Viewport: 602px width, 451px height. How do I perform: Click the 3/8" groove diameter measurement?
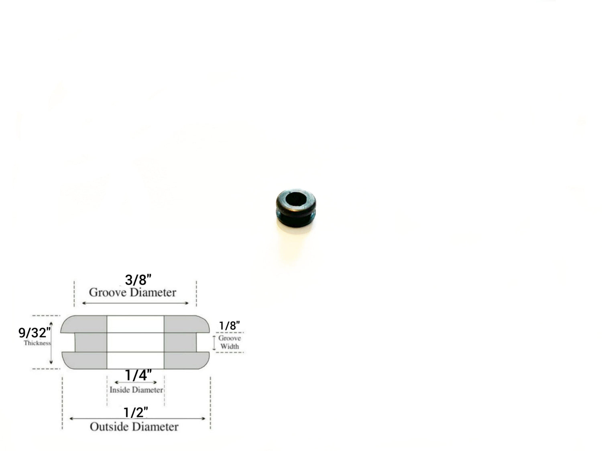point(138,280)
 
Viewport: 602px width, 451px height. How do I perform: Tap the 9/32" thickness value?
point(35,333)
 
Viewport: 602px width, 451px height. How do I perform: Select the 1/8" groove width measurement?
point(229,326)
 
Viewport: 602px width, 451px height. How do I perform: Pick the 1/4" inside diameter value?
point(138,375)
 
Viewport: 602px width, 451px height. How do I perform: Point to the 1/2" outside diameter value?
point(136,413)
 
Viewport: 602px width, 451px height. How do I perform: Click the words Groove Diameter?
point(132,293)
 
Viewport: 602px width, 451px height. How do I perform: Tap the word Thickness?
point(37,343)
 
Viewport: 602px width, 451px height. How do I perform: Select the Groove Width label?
point(230,342)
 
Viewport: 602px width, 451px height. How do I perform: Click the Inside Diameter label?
point(136,390)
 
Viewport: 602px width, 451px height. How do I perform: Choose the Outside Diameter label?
point(134,427)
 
